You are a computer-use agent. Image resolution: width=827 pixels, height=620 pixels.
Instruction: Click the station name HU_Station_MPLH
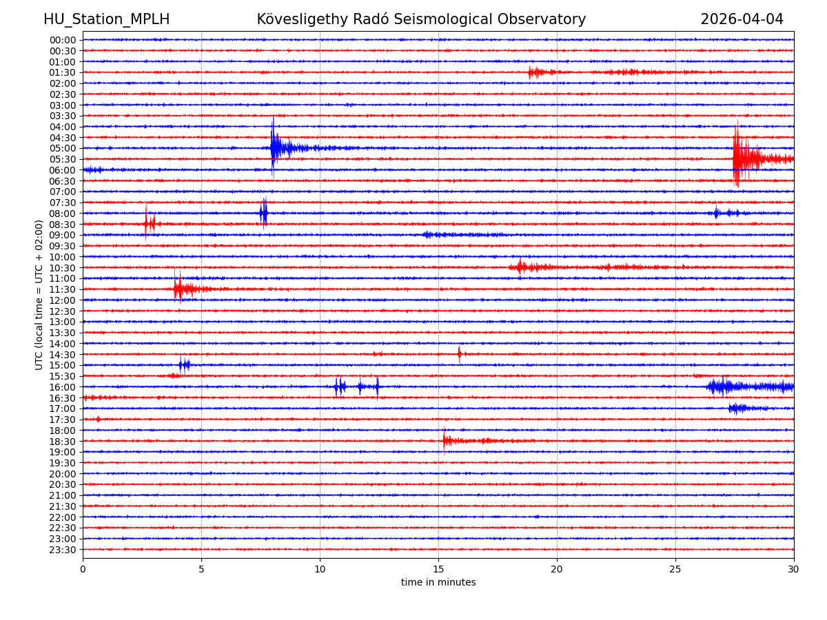coord(106,19)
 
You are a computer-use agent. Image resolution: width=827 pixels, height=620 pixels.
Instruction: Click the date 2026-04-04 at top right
coord(742,19)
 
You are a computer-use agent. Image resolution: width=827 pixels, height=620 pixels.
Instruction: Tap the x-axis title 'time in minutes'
coord(438,582)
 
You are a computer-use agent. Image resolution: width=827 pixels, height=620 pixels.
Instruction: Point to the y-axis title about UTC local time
coord(39,294)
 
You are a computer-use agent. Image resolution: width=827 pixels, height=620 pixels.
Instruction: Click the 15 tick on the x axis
coord(438,570)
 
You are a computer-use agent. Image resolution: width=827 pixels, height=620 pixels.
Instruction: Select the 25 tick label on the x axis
coord(675,570)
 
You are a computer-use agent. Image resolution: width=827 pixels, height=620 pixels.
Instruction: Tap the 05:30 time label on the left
coord(62,159)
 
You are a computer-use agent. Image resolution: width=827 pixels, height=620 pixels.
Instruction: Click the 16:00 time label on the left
coord(62,387)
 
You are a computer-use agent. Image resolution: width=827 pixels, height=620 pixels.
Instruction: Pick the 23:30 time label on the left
coord(62,550)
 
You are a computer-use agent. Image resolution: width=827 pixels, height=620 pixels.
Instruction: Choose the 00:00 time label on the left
coord(62,40)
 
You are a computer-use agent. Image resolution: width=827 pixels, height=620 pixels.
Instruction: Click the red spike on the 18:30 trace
coord(445,440)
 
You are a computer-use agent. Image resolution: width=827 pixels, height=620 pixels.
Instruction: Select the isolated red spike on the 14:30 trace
coord(459,354)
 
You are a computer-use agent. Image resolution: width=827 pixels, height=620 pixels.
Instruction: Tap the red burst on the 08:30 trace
coord(147,223)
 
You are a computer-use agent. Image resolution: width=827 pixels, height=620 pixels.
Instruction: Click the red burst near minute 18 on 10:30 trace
coord(521,267)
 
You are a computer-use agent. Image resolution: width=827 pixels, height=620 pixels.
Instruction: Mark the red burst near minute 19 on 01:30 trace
coord(532,72)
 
